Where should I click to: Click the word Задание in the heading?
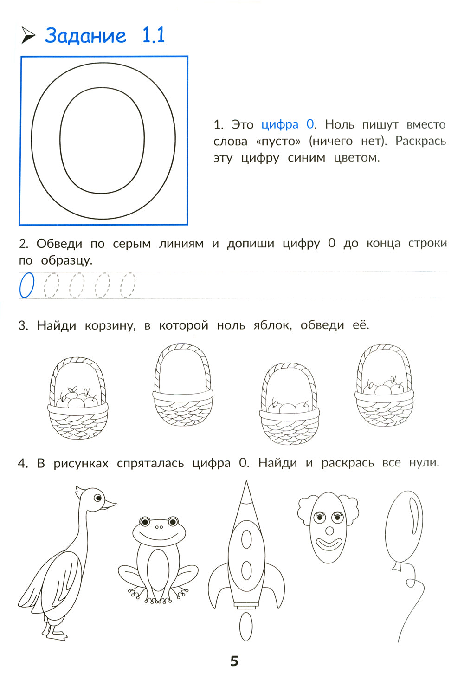[x=86, y=36]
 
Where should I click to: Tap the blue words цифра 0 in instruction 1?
[x=288, y=124]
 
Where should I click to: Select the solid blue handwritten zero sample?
[x=27, y=285]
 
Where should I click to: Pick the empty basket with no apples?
[x=183, y=385]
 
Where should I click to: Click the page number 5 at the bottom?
[x=234, y=661]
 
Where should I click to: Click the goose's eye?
[x=98, y=498]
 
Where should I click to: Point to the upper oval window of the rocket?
[x=246, y=539]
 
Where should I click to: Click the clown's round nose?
[x=329, y=531]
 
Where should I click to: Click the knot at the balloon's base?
[x=397, y=566]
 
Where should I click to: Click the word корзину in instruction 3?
[x=110, y=325]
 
